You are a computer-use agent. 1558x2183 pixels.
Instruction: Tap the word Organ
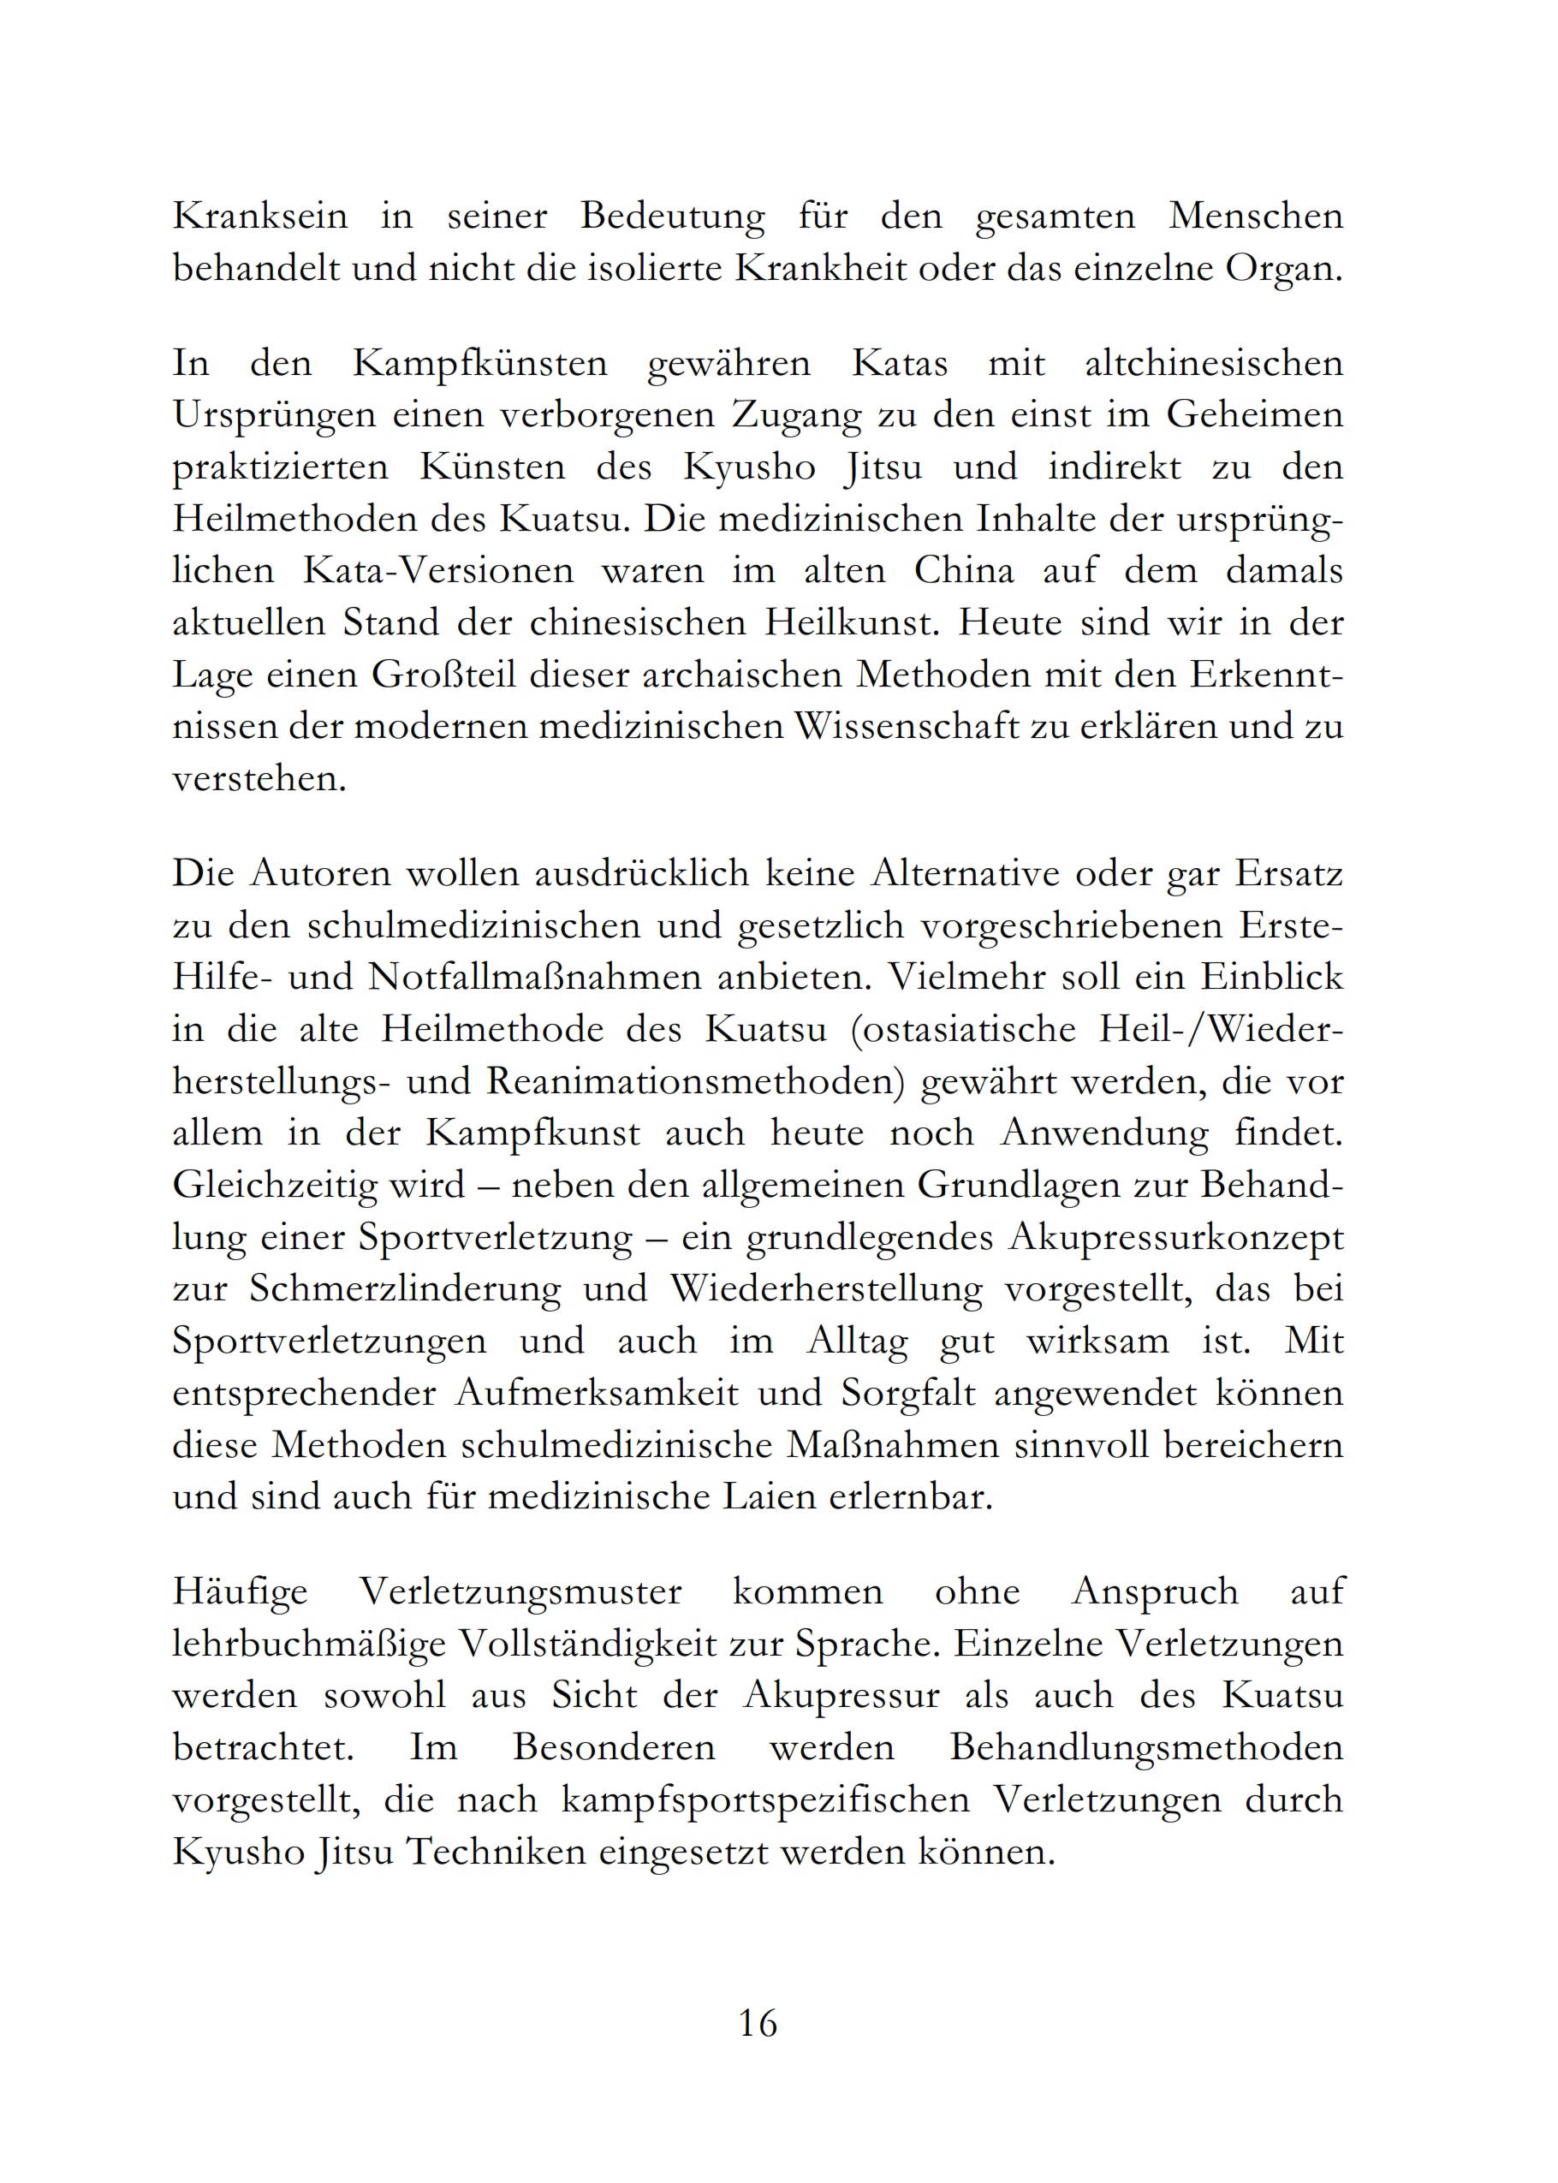pos(1282,270)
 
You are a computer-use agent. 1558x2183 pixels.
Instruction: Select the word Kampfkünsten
pos(479,365)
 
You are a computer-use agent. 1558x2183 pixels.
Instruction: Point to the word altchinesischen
pos(1214,365)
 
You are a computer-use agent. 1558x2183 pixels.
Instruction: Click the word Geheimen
pos(1255,416)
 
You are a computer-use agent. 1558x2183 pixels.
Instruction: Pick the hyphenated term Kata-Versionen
pos(438,572)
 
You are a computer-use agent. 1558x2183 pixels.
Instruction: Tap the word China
pos(963,572)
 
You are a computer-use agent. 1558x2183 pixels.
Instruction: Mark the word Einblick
pos(1272,978)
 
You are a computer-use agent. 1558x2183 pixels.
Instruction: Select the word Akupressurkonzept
pos(1175,1237)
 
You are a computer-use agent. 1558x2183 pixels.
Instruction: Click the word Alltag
pos(858,1341)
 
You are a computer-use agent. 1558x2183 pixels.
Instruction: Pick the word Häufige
pos(240,1592)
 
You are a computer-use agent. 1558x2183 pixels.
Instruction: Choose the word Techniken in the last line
pos(495,1851)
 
